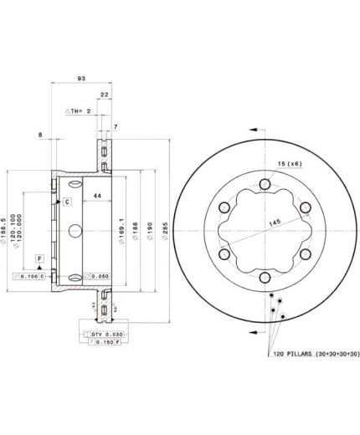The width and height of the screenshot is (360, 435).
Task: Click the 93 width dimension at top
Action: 81,79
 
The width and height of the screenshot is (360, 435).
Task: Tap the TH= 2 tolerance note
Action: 77,111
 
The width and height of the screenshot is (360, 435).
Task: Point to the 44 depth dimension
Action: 97,195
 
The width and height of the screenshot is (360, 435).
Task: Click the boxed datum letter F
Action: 39,259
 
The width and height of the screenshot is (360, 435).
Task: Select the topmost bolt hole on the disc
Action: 264,185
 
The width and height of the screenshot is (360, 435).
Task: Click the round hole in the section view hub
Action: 74,230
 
